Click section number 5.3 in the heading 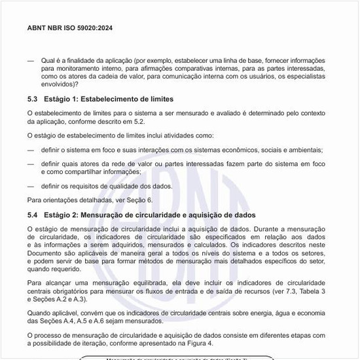[x=33, y=99]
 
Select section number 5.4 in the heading [x=33, y=215]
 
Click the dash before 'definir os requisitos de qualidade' [x=30, y=186]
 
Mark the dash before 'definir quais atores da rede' [x=30, y=163]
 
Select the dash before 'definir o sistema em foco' [x=30, y=149]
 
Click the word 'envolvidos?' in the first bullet [x=59, y=84]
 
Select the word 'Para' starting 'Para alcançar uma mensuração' [x=34, y=282]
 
